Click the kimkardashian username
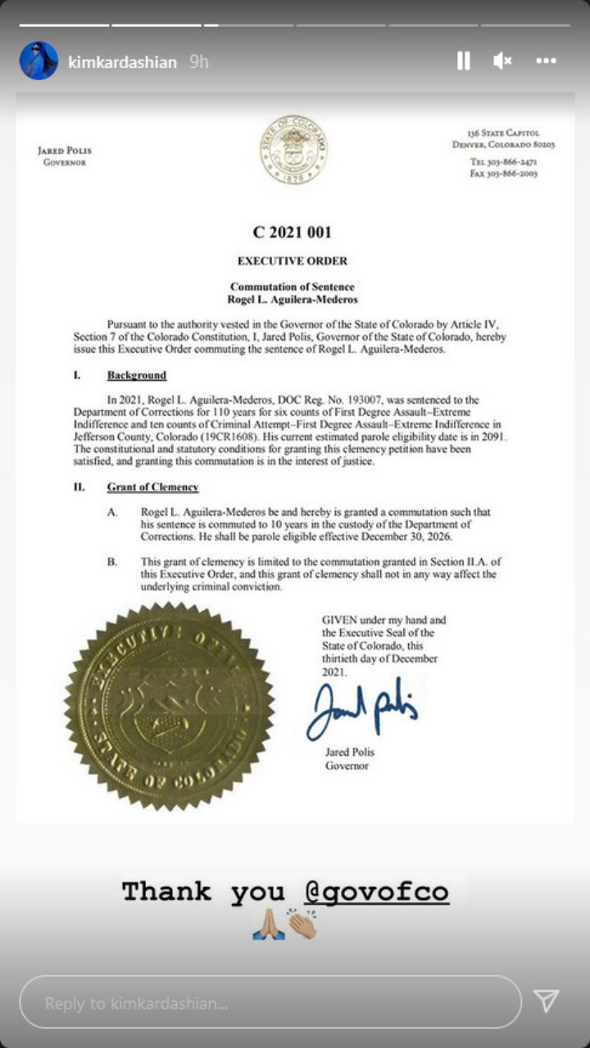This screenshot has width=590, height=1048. (x=123, y=62)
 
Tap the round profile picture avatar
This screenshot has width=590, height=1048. (x=39, y=61)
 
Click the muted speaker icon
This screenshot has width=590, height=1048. (x=502, y=61)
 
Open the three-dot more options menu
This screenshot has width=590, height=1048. (x=547, y=61)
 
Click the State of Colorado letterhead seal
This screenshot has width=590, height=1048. (x=294, y=150)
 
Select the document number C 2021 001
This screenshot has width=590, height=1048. (x=293, y=233)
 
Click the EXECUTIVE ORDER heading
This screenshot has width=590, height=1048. (x=293, y=261)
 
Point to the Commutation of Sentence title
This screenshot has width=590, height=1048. (x=293, y=287)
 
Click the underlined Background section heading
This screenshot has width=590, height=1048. (x=137, y=376)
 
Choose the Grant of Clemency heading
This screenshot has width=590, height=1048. (x=152, y=487)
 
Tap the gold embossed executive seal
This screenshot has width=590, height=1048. (x=170, y=706)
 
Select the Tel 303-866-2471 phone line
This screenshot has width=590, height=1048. (x=504, y=162)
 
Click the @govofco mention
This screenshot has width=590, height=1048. (x=376, y=892)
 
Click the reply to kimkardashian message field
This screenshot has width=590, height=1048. (x=270, y=1002)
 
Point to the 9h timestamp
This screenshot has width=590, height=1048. (x=198, y=62)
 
